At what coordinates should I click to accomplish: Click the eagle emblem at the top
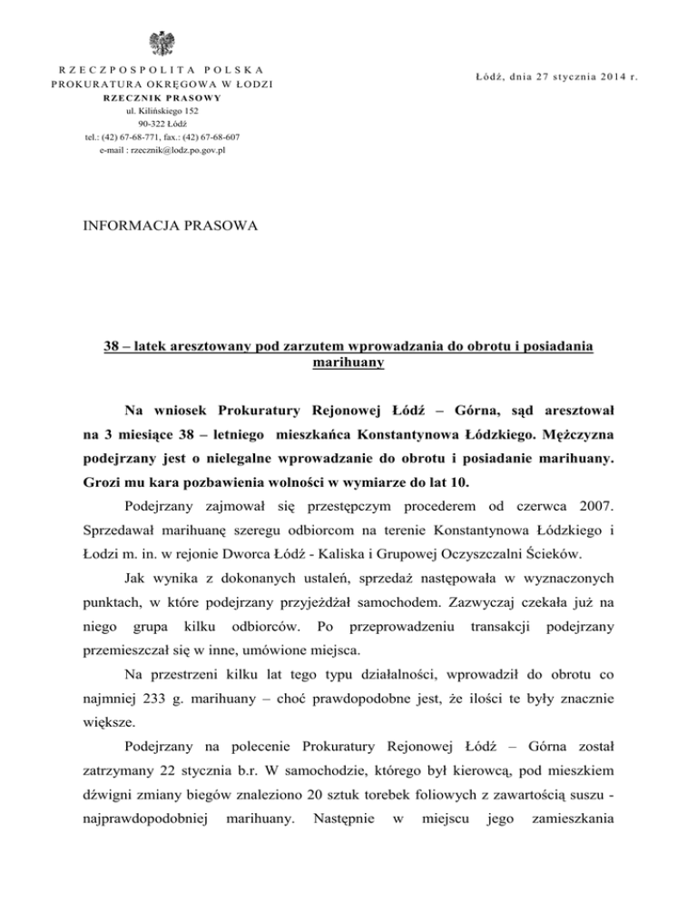165,43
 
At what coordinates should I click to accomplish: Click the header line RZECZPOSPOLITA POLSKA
166,69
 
